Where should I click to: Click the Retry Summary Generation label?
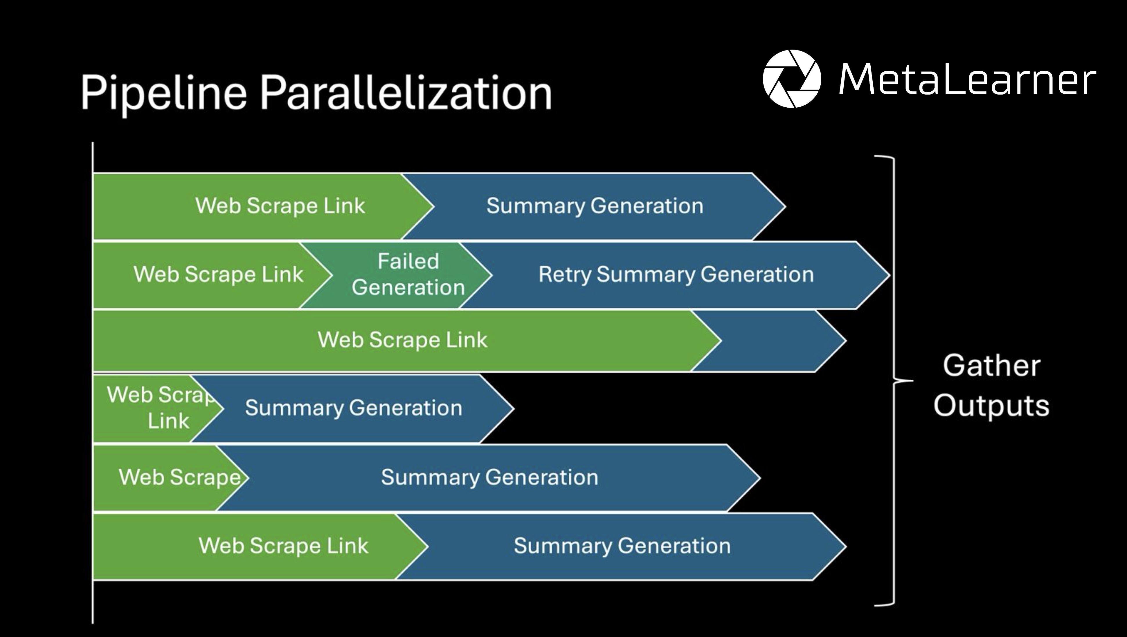tap(676, 275)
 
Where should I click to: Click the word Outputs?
tap(991, 406)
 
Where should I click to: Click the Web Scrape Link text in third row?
tap(402, 340)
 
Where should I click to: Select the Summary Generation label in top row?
tap(595, 206)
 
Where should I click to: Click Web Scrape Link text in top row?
tap(280, 206)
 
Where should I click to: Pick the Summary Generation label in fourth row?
tap(353, 408)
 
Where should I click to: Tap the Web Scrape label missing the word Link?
tap(179, 477)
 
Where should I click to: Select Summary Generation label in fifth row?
tap(489, 477)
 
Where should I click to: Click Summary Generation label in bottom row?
tap(622, 546)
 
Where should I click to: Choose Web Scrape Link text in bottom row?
tap(283, 546)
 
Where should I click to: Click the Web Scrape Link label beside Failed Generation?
tap(218, 275)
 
